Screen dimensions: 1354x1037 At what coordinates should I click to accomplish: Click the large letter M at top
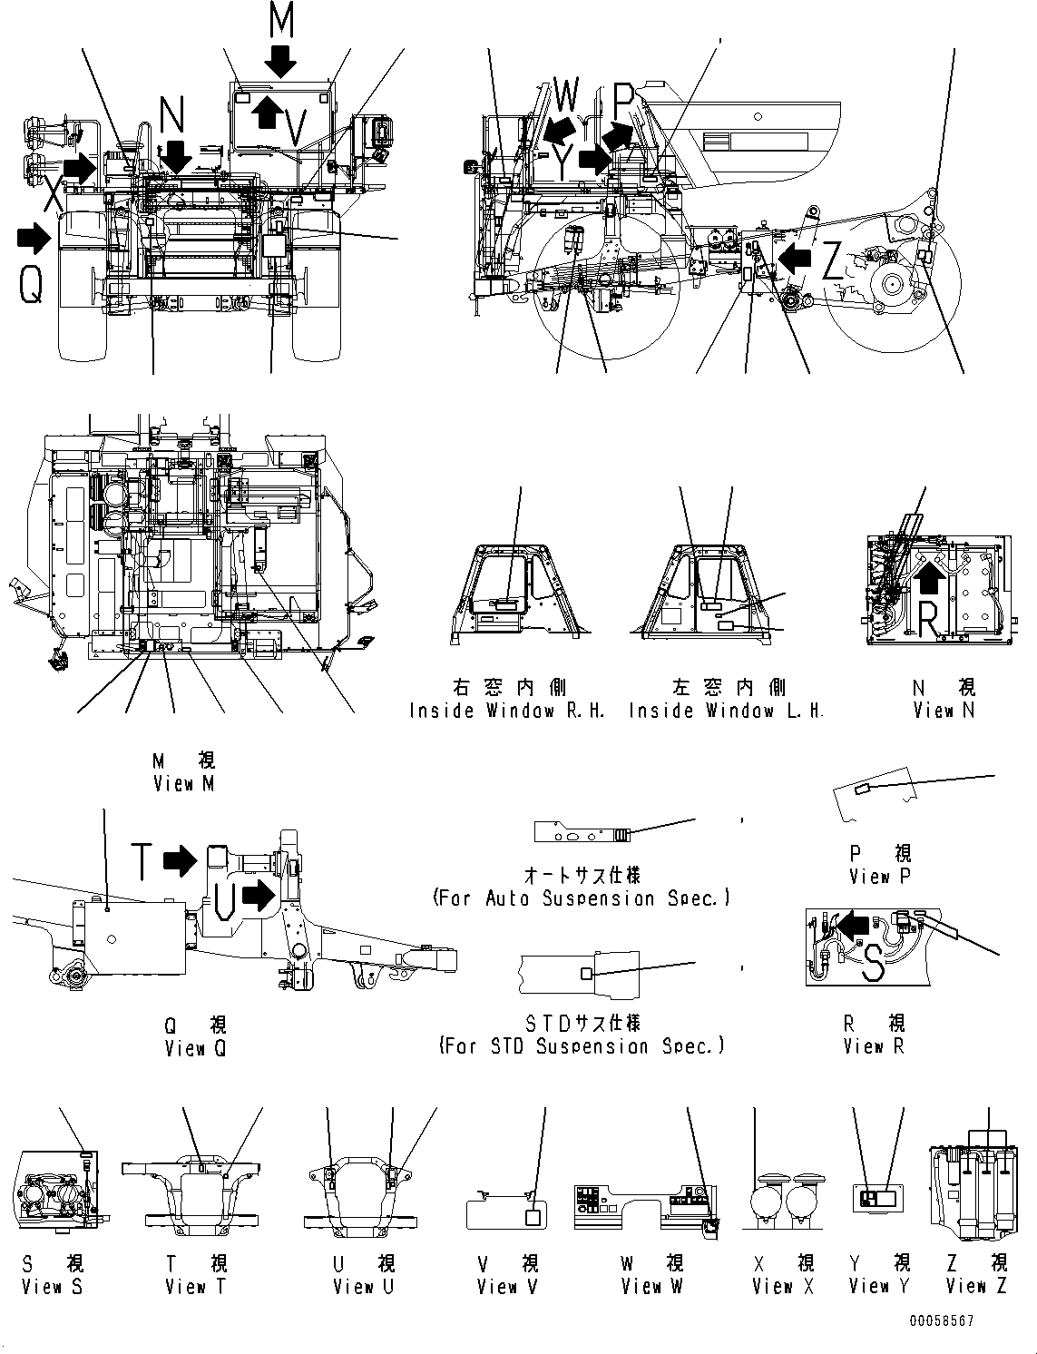click(x=282, y=20)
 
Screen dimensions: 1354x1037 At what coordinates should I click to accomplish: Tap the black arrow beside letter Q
click(x=34, y=239)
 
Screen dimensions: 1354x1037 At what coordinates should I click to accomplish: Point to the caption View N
click(x=944, y=711)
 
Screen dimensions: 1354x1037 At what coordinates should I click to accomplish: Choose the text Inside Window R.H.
click(x=507, y=711)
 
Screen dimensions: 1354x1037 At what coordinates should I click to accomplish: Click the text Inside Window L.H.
click(x=726, y=711)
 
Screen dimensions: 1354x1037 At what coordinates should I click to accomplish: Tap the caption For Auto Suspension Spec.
click(x=582, y=898)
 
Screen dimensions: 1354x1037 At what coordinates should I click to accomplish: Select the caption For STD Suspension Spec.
click(x=582, y=1045)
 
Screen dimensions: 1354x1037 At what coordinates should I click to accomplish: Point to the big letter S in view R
click(x=873, y=964)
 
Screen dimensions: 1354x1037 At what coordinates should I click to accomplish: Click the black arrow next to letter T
click(x=181, y=860)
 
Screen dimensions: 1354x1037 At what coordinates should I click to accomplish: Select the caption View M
click(x=184, y=783)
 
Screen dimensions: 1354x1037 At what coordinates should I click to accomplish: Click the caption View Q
click(x=195, y=1048)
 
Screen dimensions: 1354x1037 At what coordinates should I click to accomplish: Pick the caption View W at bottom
click(x=652, y=1286)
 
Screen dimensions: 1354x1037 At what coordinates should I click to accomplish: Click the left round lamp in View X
click(x=768, y=1205)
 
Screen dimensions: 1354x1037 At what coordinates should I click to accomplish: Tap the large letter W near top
click(x=565, y=93)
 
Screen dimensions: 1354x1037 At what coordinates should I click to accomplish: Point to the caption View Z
click(x=976, y=1286)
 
